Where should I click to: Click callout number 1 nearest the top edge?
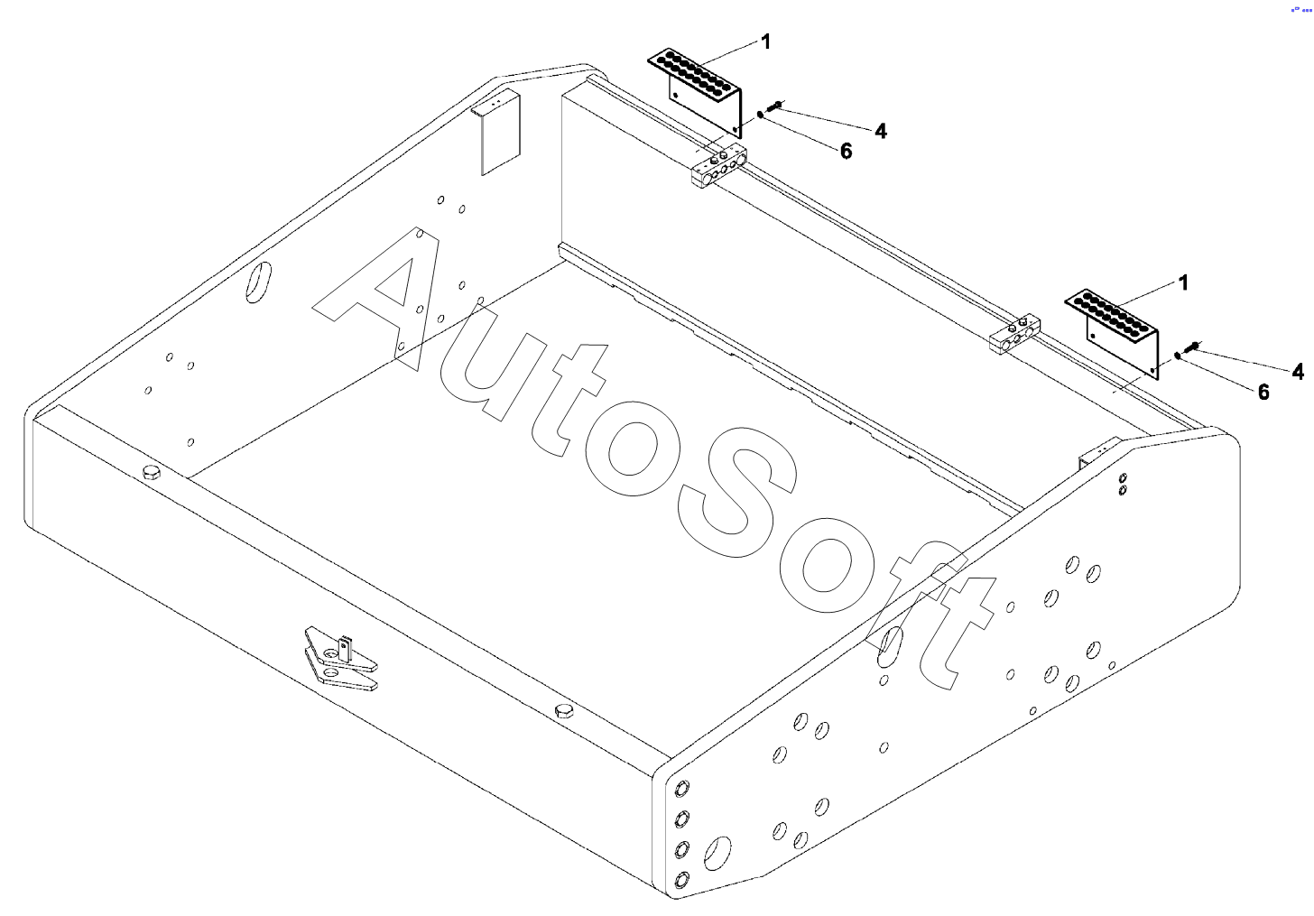pyautogui.click(x=765, y=42)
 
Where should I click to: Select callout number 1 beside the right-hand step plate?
pyautogui.click(x=1183, y=282)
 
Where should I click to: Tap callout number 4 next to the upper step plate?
pyautogui.click(x=881, y=131)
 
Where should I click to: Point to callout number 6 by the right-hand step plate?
pyautogui.click(x=1263, y=392)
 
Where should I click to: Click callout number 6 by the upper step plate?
pyautogui.click(x=846, y=151)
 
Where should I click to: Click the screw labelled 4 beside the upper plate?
pyautogui.click(x=778, y=106)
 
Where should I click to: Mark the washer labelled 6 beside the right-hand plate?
pyautogui.click(x=1177, y=356)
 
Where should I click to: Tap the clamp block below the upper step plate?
pyautogui.click(x=718, y=167)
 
